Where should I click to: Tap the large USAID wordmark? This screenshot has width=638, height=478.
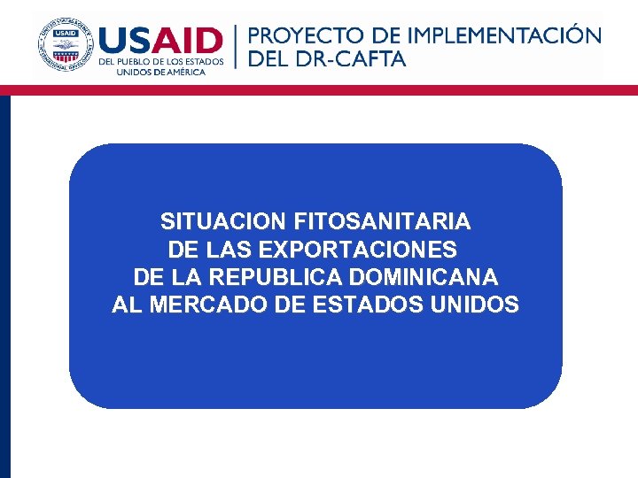(161, 41)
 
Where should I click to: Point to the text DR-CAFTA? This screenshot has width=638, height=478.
(361, 59)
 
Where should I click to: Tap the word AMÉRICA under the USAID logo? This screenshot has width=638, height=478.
(183, 73)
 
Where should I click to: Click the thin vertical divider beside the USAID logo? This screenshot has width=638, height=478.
(236, 46)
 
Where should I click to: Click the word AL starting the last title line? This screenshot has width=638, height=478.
(126, 305)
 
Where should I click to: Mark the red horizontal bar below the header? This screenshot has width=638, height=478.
(319, 89)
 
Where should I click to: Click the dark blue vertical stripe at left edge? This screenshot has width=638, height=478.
(4, 283)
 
